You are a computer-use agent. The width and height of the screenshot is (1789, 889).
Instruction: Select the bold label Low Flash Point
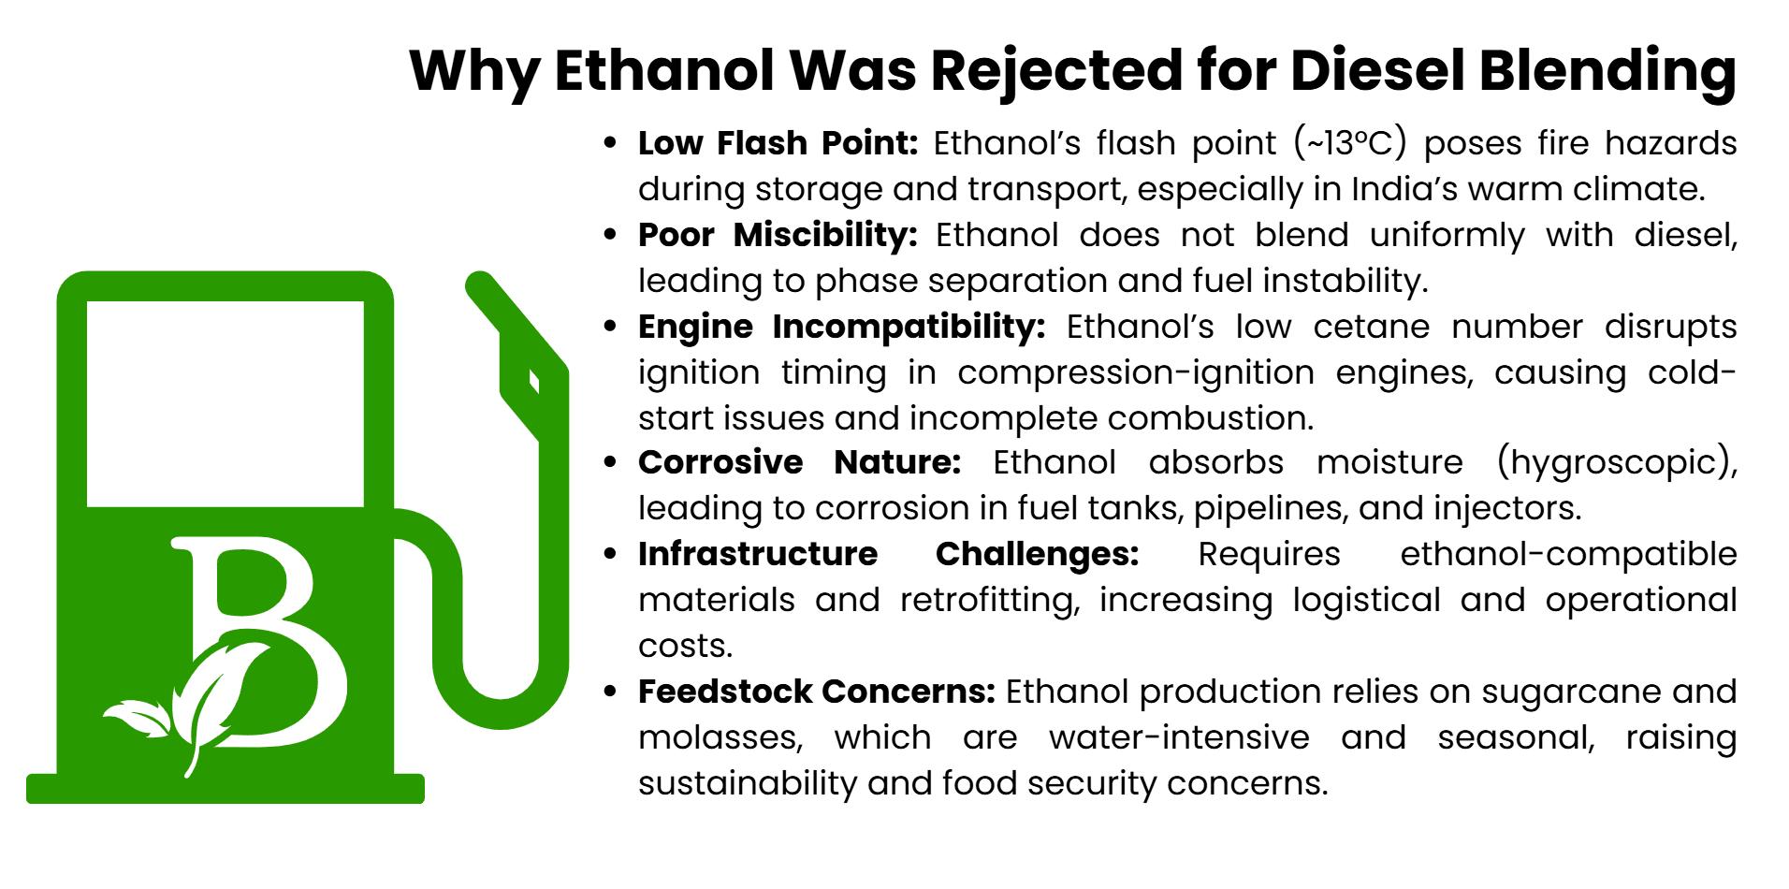(778, 143)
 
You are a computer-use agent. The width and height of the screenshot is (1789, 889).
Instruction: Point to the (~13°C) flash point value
(1350, 143)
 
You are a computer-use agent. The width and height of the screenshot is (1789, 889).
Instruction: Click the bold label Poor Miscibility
(778, 235)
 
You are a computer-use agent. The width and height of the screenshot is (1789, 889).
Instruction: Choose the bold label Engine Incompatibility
(841, 327)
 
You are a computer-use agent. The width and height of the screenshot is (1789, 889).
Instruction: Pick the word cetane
(1371, 327)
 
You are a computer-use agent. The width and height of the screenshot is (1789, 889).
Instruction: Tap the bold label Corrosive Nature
(799, 462)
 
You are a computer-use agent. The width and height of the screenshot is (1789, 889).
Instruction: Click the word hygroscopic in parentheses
(1617, 462)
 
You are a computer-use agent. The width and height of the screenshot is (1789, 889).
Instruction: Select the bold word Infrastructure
(758, 554)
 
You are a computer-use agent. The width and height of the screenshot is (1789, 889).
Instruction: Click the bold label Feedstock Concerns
(816, 692)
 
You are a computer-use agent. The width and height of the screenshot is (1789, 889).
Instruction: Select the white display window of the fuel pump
(225, 403)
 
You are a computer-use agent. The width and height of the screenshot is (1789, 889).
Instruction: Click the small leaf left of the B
(137, 720)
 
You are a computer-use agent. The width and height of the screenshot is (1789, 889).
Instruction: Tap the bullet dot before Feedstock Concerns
(610, 692)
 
